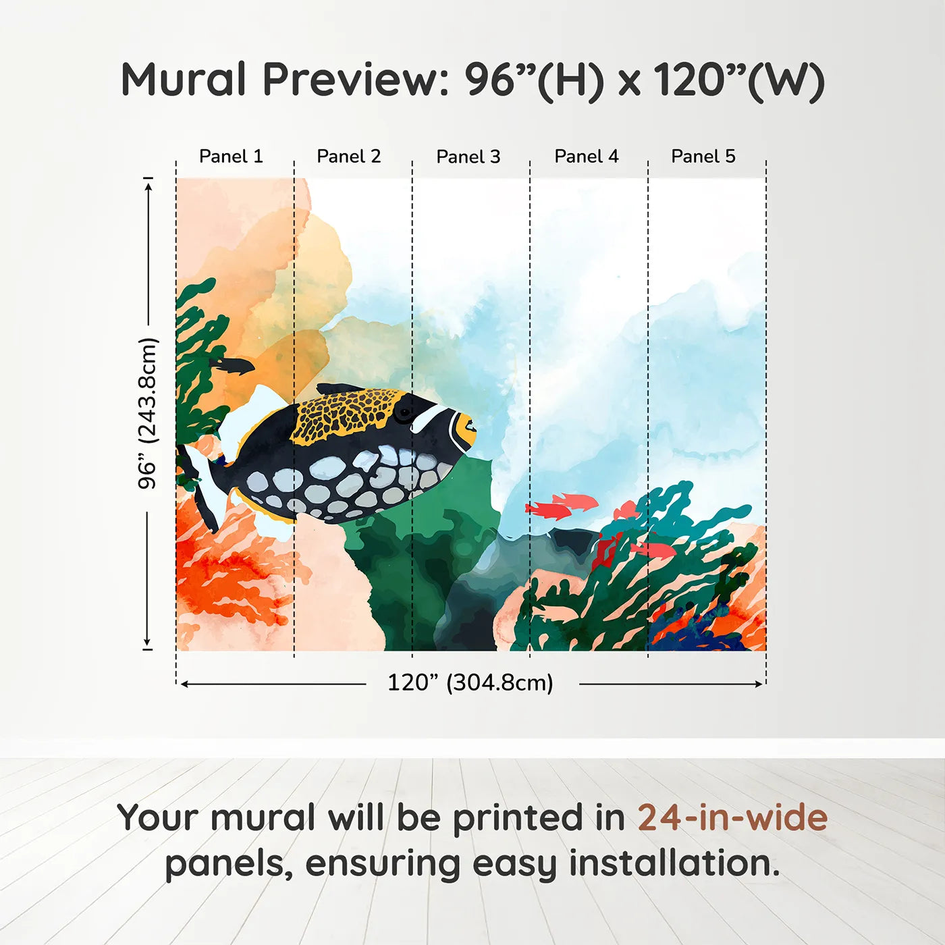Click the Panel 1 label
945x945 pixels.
point(231,156)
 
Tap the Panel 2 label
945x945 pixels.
point(348,156)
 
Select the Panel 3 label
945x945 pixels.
point(468,157)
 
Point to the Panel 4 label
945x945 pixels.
point(586,156)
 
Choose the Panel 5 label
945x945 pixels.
point(703,156)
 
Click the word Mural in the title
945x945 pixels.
point(183,80)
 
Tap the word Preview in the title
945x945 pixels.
point(351,80)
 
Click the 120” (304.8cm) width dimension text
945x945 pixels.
point(470,682)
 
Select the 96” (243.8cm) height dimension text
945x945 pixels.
point(147,413)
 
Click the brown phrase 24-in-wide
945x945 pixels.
point(732,818)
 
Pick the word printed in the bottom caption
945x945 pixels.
point(518,818)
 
